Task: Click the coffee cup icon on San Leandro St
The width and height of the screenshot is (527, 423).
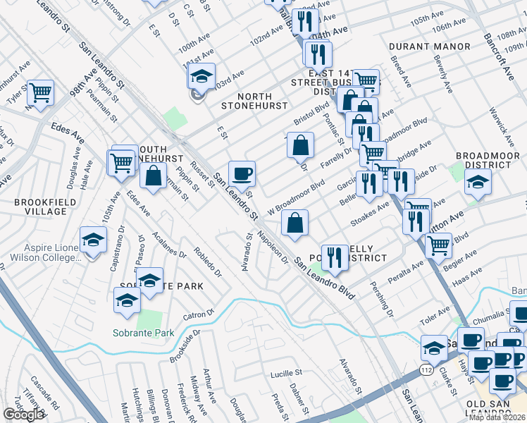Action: click(242, 173)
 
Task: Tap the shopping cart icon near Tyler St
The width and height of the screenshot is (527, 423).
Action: click(41, 92)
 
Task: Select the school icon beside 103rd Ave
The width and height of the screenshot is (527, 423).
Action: click(202, 77)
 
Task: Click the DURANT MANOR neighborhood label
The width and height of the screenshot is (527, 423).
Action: click(429, 47)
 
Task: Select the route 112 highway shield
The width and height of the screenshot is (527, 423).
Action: click(426, 369)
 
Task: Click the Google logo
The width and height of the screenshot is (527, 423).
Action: click(23, 415)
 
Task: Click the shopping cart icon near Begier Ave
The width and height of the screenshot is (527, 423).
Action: click(438, 245)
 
